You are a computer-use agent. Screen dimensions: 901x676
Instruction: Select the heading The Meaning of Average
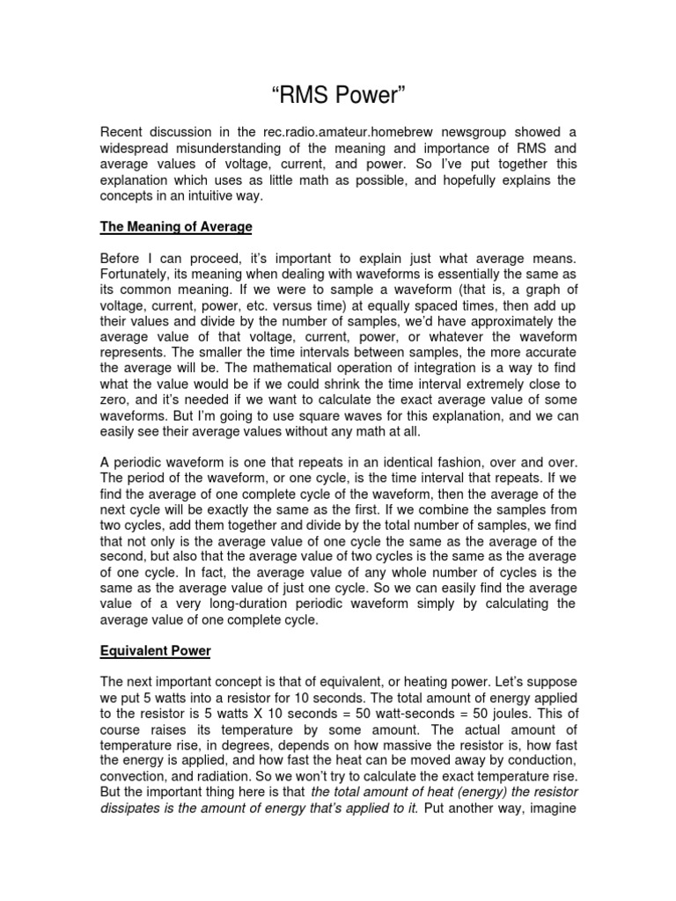(176, 227)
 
